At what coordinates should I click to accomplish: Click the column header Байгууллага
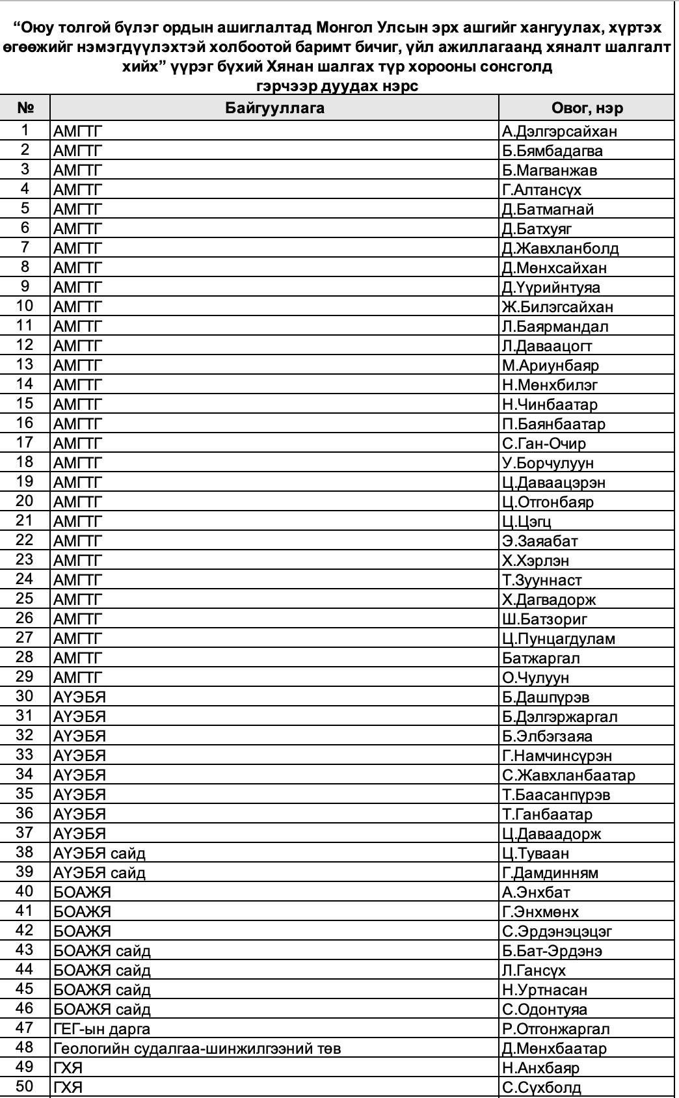(x=274, y=108)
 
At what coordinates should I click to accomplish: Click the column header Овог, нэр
(x=587, y=108)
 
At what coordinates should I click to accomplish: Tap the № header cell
(x=25, y=108)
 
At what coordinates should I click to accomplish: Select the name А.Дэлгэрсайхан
(x=559, y=131)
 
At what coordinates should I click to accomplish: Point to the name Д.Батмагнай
(x=548, y=209)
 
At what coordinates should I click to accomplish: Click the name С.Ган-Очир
(x=544, y=444)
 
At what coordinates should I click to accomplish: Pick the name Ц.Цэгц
(x=527, y=522)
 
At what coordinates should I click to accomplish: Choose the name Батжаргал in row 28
(x=540, y=658)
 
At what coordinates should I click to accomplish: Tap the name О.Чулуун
(x=535, y=678)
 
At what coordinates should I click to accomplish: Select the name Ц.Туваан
(x=535, y=853)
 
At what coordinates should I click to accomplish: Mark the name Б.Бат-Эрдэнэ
(x=552, y=951)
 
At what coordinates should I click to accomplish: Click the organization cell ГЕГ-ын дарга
(x=101, y=1029)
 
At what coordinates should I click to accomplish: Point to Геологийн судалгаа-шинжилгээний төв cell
(x=197, y=1049)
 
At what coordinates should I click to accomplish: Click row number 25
(x=25, y=599)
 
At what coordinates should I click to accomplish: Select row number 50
(x=25, y=1087)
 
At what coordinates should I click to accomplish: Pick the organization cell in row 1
(x=78, y=131)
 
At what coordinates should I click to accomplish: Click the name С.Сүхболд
(x=541, y=1088)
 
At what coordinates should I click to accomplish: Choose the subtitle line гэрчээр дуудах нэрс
(x=338, y=86)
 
